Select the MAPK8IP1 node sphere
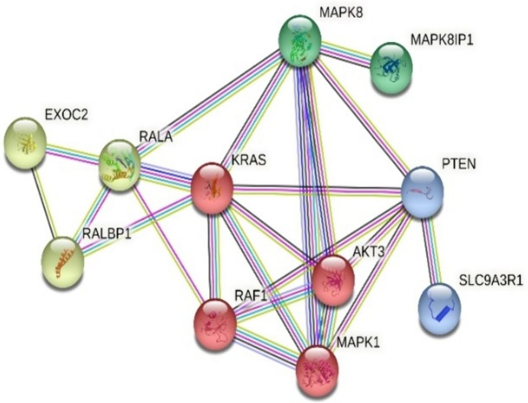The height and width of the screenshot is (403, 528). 392,68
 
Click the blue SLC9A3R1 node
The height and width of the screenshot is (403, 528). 441,307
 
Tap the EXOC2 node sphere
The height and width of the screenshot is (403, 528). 26,142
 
